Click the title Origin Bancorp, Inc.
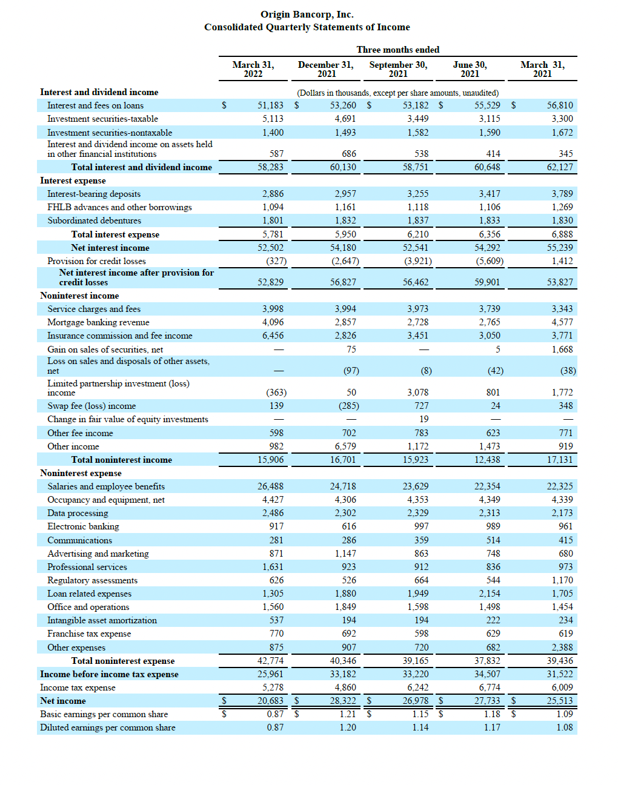click(307, 15)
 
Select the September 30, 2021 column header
click(398, 69)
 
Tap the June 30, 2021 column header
click(470, 69)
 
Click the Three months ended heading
click(397, 50)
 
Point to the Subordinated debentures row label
click(94, 220)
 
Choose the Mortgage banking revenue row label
click(98, 322)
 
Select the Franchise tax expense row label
click(89, 634)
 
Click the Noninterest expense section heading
click(81, 473)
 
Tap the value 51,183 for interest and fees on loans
click(270, 105)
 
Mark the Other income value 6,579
click(345, 446)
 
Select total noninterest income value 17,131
click(560, 460)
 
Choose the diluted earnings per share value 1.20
click(348, 727)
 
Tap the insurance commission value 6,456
click(273, 336)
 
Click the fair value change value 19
click(424, 419)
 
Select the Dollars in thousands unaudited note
click(397, 93)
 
